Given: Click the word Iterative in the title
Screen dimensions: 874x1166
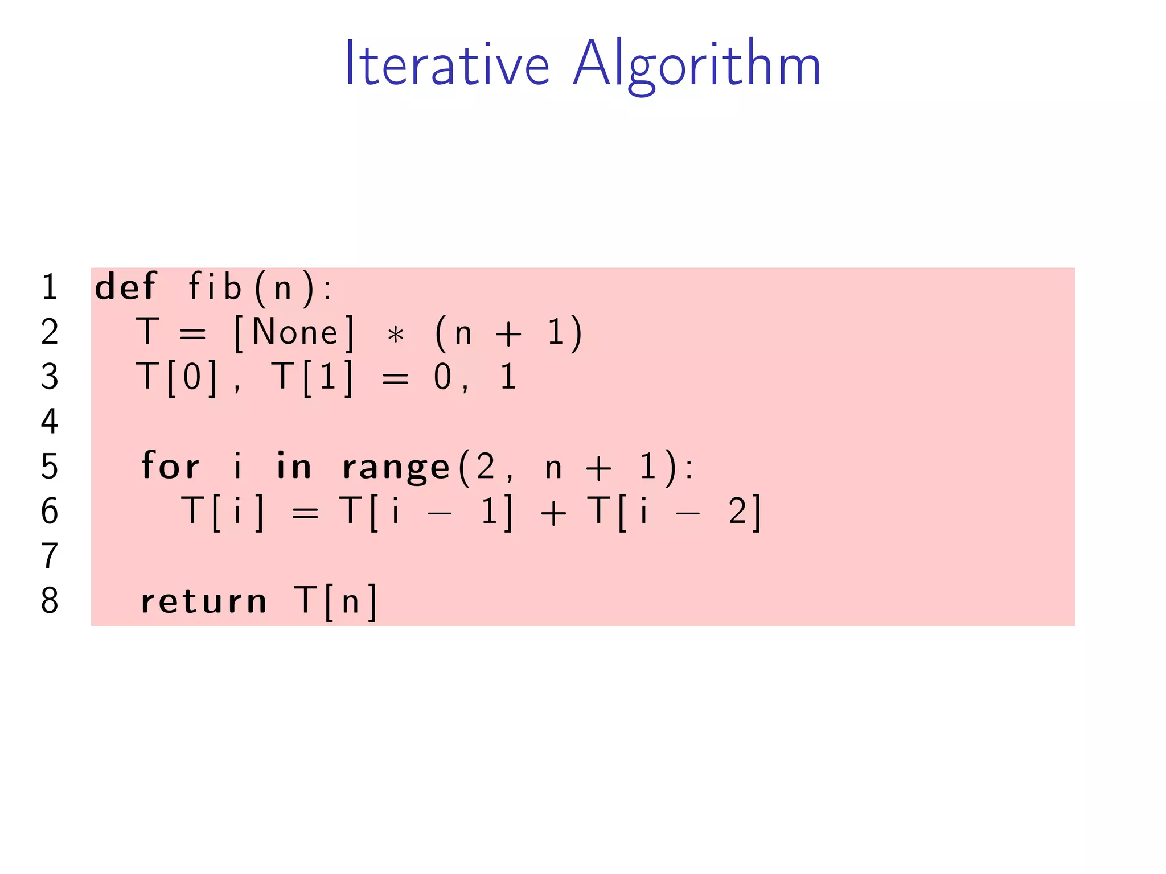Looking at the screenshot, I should [447, 64].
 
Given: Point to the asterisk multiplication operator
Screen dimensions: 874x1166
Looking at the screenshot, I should [395, 335].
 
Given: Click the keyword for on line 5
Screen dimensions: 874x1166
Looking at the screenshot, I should [170, 466].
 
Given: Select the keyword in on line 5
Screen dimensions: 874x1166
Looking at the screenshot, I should [294, 466].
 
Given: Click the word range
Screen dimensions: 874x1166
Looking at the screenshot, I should [396, 468].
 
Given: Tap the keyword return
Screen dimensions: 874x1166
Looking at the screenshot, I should [204, 601].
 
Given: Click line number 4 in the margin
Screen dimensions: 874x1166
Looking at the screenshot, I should [50, 422].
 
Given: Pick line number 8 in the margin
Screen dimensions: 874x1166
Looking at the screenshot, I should [50, 601].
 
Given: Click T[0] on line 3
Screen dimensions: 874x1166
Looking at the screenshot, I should [177, 377].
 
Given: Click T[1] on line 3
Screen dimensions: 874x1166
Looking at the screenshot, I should [313, 377].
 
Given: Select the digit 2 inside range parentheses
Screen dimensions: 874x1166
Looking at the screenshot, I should [486, 467].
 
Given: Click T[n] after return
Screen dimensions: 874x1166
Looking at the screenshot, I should [335, 601].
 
